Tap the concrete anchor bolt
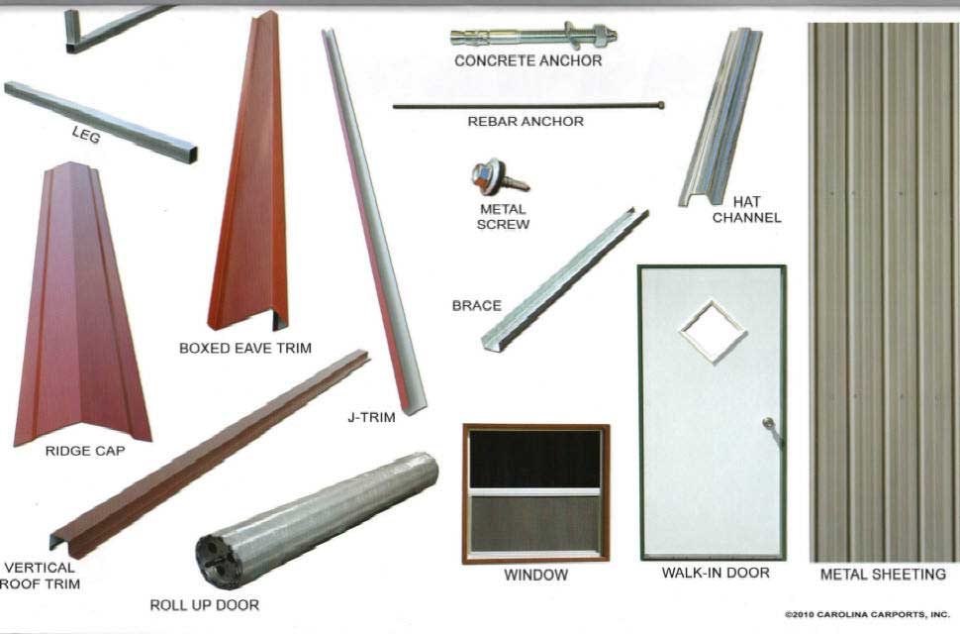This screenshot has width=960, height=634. tap(533, 36)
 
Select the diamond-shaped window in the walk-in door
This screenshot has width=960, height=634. tap(713, 332)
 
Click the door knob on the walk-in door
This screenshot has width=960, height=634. tap(769, 423)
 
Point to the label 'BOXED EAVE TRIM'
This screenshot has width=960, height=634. tap(244, 348)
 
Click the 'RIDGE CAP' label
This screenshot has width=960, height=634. tap(85, 451)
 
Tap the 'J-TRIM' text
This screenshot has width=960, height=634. tap(372, 417)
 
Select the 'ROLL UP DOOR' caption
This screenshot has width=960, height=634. tap(205, 605)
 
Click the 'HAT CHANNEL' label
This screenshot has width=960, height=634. tap(747, 209)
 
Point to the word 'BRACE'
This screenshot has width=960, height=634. tap(476, 305)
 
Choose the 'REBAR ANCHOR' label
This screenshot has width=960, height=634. tap(526, 121)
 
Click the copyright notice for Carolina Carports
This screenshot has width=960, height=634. tap(867, 614)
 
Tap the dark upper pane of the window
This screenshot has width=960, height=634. tap(535, 459)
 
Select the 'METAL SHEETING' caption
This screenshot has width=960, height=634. tap(883, 574)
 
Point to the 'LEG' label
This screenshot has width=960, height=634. tap(86, 134)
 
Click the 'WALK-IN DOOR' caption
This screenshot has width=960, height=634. tap(716, 573)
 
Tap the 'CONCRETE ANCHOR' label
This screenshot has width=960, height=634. tap(528, 60)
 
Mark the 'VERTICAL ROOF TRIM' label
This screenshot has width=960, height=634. tap(40, 576)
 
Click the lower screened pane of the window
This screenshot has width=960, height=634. tap(535, 523)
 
